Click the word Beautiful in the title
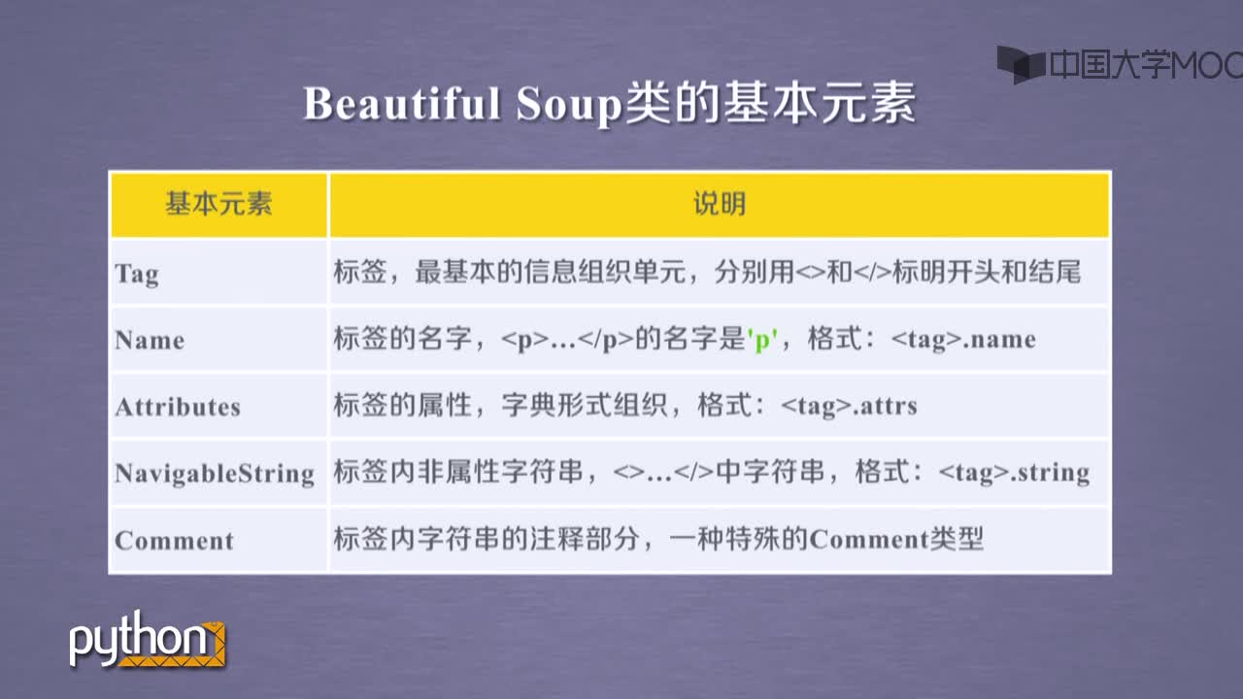401,104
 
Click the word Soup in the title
568,107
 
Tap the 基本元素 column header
218,204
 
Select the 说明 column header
720,204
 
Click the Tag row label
137,274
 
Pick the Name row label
150,340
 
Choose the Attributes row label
178,407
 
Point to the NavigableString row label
215,475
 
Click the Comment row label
174,541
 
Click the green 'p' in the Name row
762,339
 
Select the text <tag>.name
963,340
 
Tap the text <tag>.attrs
849,406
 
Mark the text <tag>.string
1014,473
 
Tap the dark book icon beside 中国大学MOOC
1021,64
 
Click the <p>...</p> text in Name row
566,340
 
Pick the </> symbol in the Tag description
872,272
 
